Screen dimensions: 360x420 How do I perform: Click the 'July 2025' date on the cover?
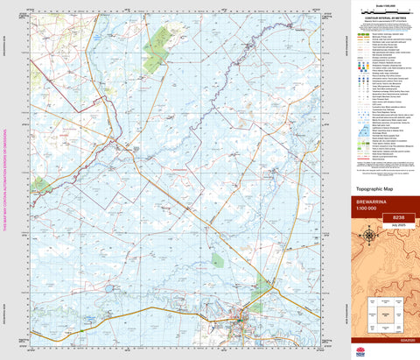click(x=399, y=225)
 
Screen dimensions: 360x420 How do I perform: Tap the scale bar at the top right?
click(x=382, y=8)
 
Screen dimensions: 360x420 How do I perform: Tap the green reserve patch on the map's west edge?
click(x=39, y=185)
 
